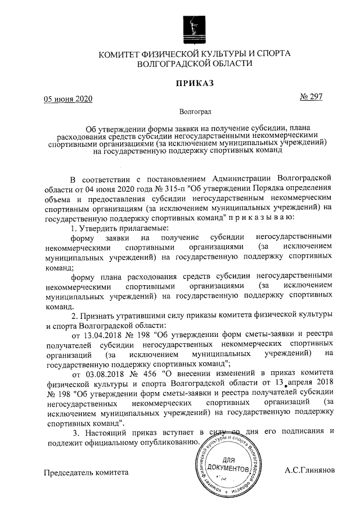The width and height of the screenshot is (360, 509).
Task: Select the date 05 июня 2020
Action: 68,100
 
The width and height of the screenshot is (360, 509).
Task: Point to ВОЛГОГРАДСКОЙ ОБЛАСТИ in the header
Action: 195,64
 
